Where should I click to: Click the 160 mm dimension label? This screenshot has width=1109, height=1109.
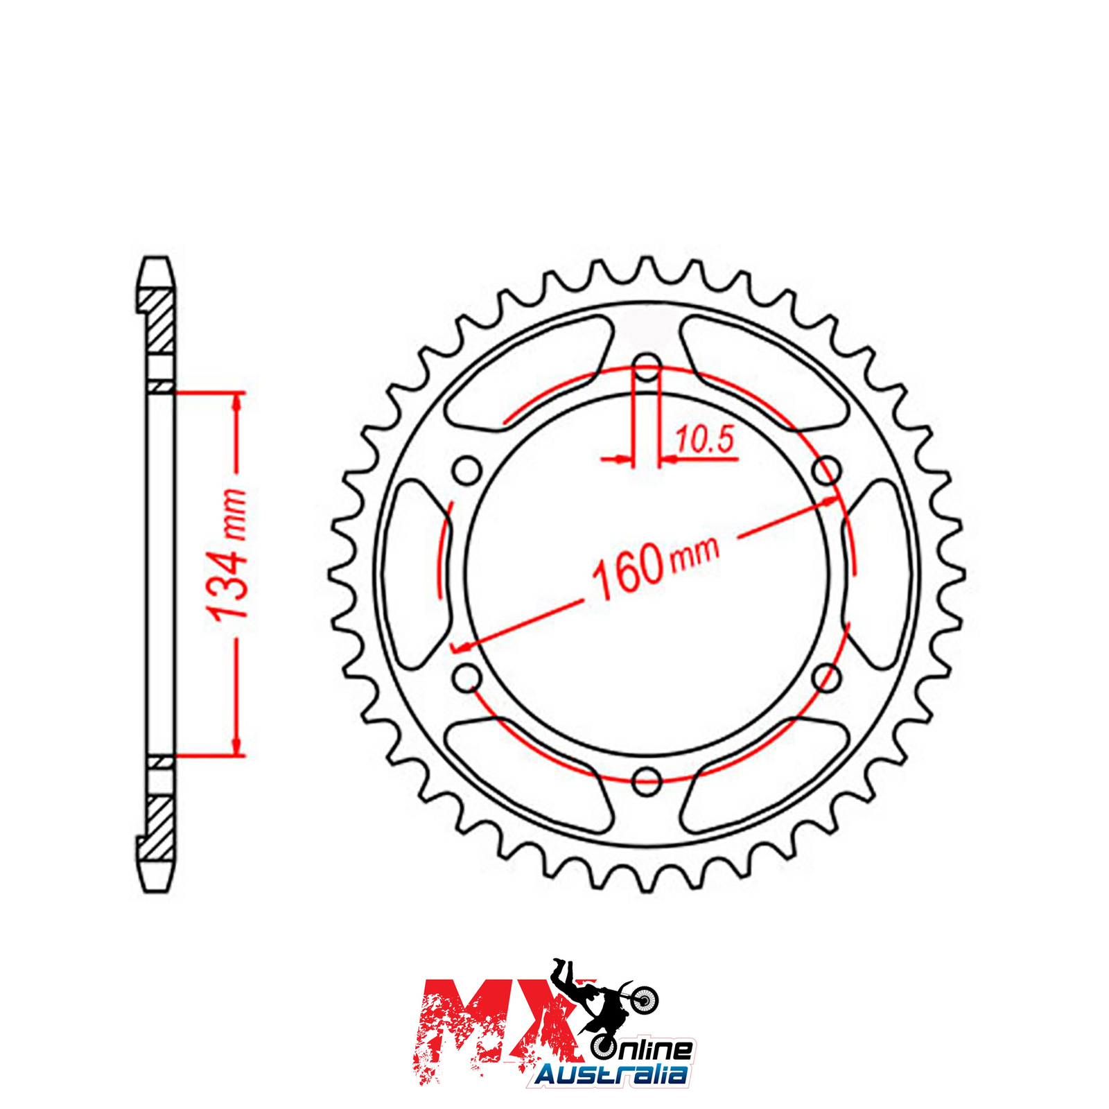point(656,568)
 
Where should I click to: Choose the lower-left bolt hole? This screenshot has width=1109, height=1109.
point(468,678)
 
